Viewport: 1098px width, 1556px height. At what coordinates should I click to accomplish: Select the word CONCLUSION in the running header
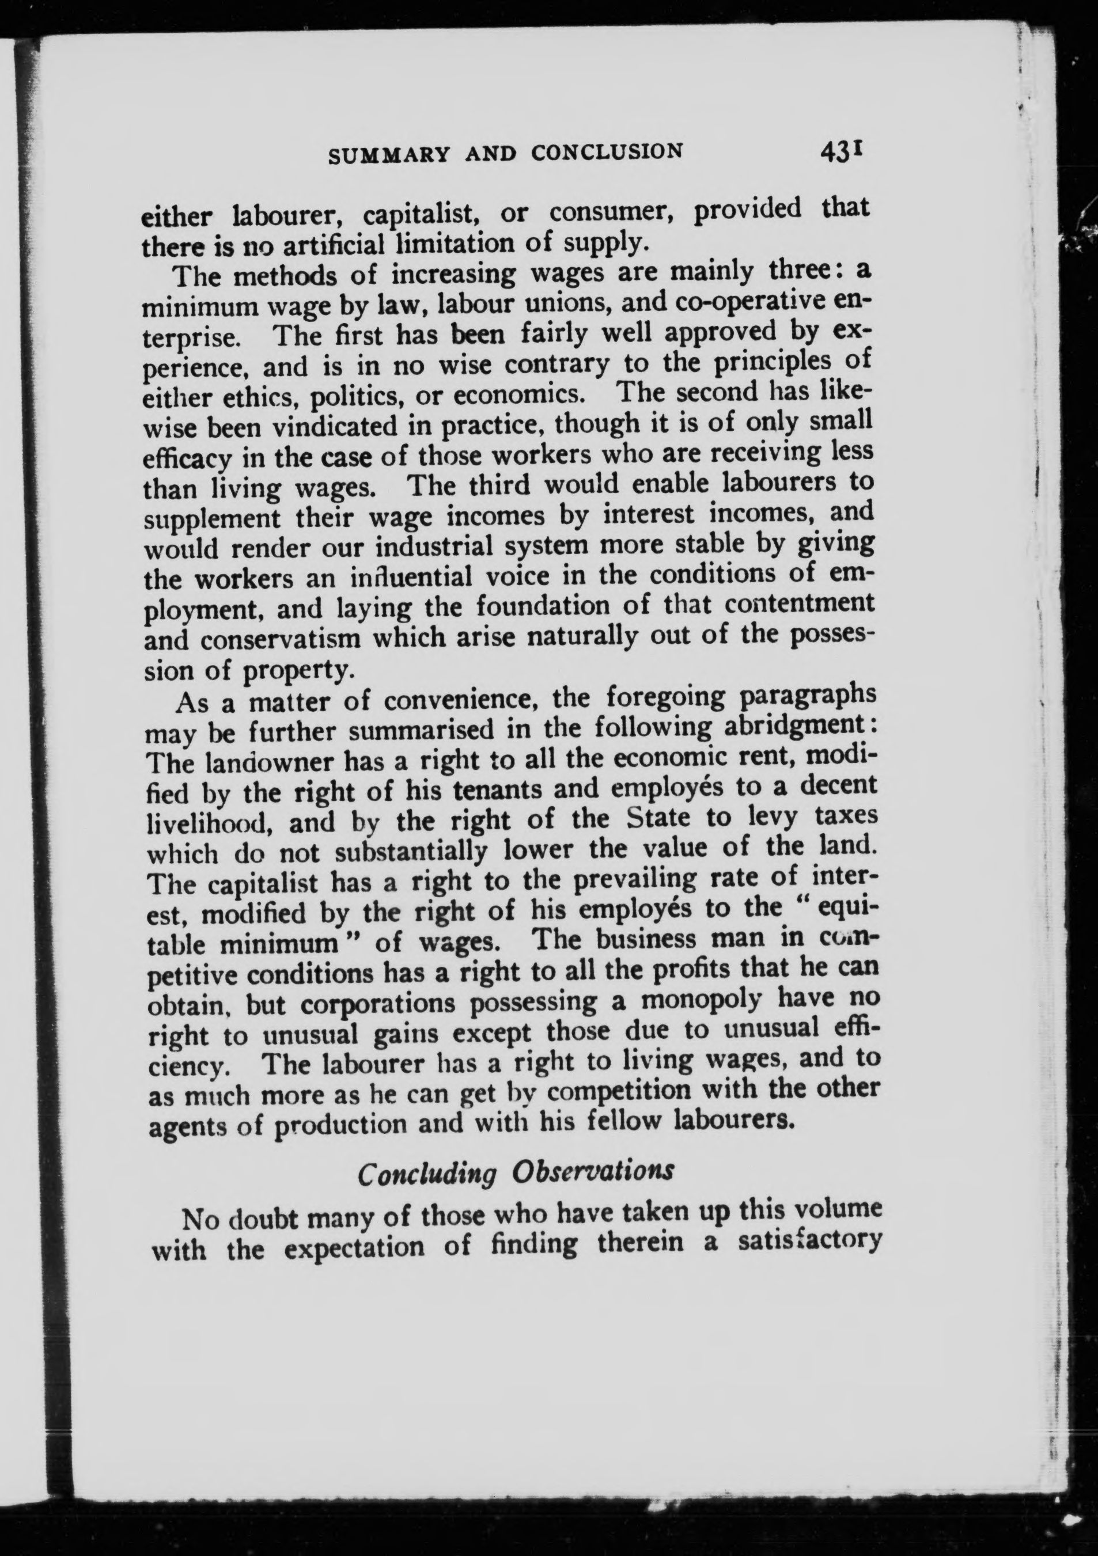[606, 152]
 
